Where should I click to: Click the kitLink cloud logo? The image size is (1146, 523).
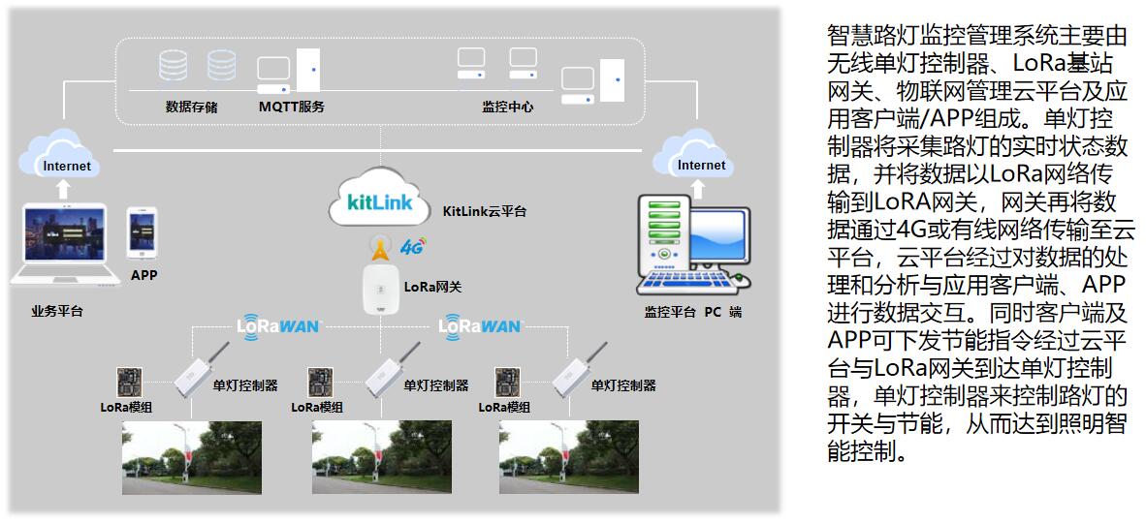pos(379,200)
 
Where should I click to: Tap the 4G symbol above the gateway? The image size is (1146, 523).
pos(413,246)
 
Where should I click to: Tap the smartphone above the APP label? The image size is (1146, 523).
pos(143,233)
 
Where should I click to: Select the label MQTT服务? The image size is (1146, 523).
pos(291,107)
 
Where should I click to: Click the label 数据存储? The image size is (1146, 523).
pos(191,107)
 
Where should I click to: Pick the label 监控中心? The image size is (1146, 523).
pos(507,107)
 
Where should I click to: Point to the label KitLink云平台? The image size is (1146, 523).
pos(485,211)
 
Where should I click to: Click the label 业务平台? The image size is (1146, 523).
pos(57,312)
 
